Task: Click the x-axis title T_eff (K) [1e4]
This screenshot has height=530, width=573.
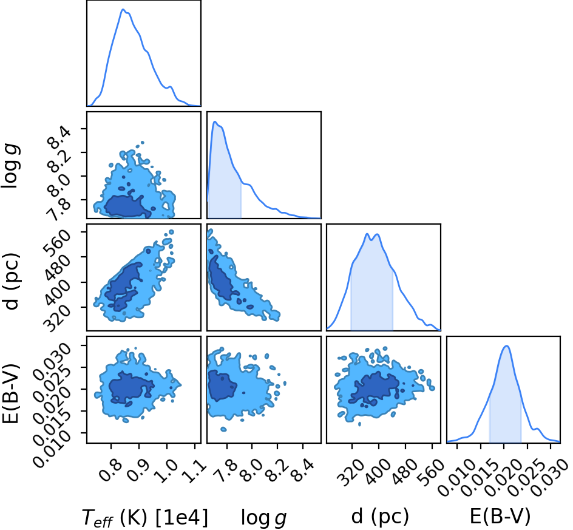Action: click(x=145, y=518)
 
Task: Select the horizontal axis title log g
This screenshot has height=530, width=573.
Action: click(x=264, y=518)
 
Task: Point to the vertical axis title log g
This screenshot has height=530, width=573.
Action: click(x=11, y=166)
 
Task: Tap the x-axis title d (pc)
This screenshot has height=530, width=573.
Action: click(x=380, y=517)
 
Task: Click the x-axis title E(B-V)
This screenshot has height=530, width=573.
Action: click(x=500, y=517)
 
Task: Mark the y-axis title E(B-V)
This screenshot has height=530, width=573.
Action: click(x=11, y=393)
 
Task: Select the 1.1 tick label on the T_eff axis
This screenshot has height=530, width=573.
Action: click(x=194, y=471)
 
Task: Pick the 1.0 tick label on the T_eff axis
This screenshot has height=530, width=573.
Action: click(x=166, y=470)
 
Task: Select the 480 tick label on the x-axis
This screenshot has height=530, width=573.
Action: click(x=404, y=472)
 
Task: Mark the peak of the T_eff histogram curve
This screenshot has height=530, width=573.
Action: click(x=123, y=9)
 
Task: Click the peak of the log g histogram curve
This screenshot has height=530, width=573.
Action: click(x=215, y=121)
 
